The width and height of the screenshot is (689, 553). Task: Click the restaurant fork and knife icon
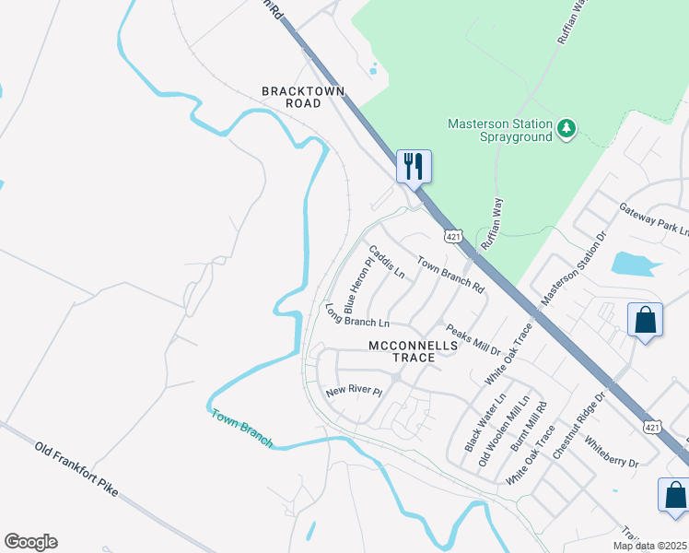click(414, 167)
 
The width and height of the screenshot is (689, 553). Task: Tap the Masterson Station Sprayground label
click(500, 130)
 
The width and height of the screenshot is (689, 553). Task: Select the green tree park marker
click(568, 129)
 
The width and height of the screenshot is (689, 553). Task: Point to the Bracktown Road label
click(292, 97)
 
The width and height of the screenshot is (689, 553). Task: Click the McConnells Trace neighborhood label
click(413, 351)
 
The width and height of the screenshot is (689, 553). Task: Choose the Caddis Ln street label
click(387, 262)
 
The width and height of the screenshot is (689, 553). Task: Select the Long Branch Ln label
click(356, 316)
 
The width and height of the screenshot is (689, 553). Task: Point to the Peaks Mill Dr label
click(473, 340)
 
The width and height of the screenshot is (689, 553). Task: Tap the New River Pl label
click(354, 391)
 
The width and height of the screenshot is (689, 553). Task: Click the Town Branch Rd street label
click(450, 274)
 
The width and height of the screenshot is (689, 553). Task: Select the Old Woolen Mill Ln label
click(503, 431)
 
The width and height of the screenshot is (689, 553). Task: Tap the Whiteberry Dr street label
click(611, 455)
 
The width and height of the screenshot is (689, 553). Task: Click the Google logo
click(30, 542)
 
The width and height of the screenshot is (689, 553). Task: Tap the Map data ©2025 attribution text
click(649, 546)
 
